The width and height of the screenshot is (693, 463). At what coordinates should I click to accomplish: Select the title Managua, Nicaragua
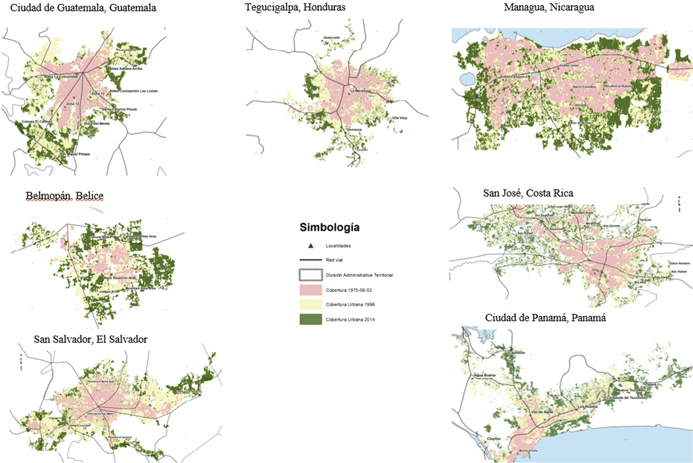[x=549, y=7]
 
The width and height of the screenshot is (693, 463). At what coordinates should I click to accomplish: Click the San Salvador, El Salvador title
[x=91, y=339]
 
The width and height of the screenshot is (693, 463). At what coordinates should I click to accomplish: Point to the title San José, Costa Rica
[x=528, y=193]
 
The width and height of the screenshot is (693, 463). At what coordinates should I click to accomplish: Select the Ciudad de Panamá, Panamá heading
[x=545, y=318]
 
